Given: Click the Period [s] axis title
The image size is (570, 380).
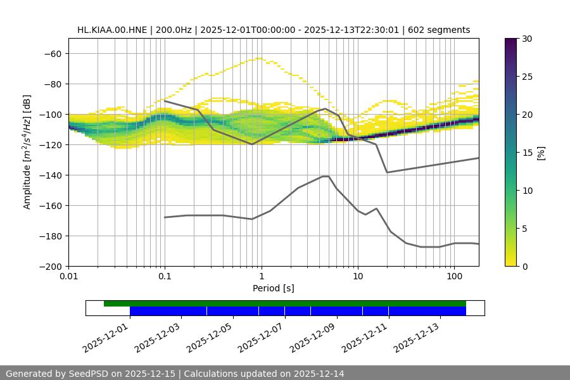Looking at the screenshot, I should (x=273, y=289).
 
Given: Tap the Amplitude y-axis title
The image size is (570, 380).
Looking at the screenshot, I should (x=27, y=152).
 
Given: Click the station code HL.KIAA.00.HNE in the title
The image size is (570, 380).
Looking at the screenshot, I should (x=111, y=30).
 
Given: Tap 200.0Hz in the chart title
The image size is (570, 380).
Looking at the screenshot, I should (x=173, y=30).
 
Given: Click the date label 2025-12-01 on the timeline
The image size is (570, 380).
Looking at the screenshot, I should (x=105, y=336).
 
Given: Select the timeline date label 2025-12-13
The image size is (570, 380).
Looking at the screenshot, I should (x=416, y=336).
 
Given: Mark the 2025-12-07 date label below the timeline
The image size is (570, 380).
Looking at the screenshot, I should (x=260, y=336).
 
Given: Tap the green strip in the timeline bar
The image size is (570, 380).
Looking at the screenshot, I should (x=285, y=303).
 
